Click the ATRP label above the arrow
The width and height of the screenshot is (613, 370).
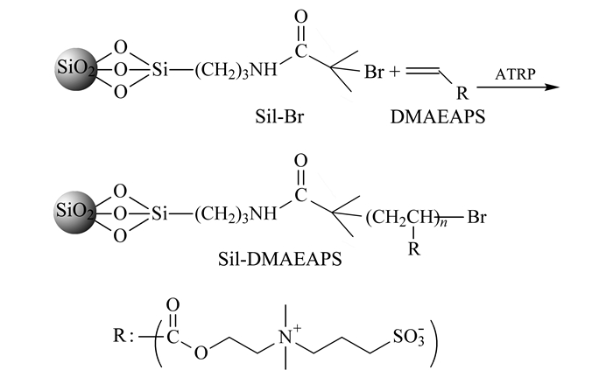pyautogui.click(x=515, y=73)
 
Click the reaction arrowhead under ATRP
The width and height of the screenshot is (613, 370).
pyautogui.click(x=553, y=87)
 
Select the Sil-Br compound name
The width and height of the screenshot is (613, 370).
pyautogui.click(x=279, y=116)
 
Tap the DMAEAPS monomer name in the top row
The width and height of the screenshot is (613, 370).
pyautogui.click(x=438, y=116)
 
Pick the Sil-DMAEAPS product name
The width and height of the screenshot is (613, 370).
pyautogui.click(x=279, y=259)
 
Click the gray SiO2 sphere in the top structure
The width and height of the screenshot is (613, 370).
pyautogui.click(x=77, y=69)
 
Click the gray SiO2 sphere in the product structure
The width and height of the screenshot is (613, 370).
pyautogui.click(x=76, y=212)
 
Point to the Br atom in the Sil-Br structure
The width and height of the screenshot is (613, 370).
pyautogui.click(x=374, y=72)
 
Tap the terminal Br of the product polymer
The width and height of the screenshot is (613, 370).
pyautogui.click(x=477, y=216)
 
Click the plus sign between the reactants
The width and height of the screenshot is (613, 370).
pyautogui.click(x=394, y=72)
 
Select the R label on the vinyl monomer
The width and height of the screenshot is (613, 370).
pyautogui.click(x=462, y=94)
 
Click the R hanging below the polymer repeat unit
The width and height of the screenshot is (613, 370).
pyautogui.click(x=414, y=248)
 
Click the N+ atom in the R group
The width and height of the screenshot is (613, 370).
pyautogui.click(x=288, y=336)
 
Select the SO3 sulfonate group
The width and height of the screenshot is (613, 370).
pyautogui.click(x=408, y=337)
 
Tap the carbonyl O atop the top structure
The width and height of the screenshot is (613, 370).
pyautogui.click(x=300, y=17)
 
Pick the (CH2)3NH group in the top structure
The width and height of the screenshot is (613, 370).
pyautogui.click(x=236, y=71)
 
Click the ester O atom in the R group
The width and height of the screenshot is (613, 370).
pyautogui.click(x=201, y=353)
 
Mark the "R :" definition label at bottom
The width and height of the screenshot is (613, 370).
pyautogui.click(x=123, y=335)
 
